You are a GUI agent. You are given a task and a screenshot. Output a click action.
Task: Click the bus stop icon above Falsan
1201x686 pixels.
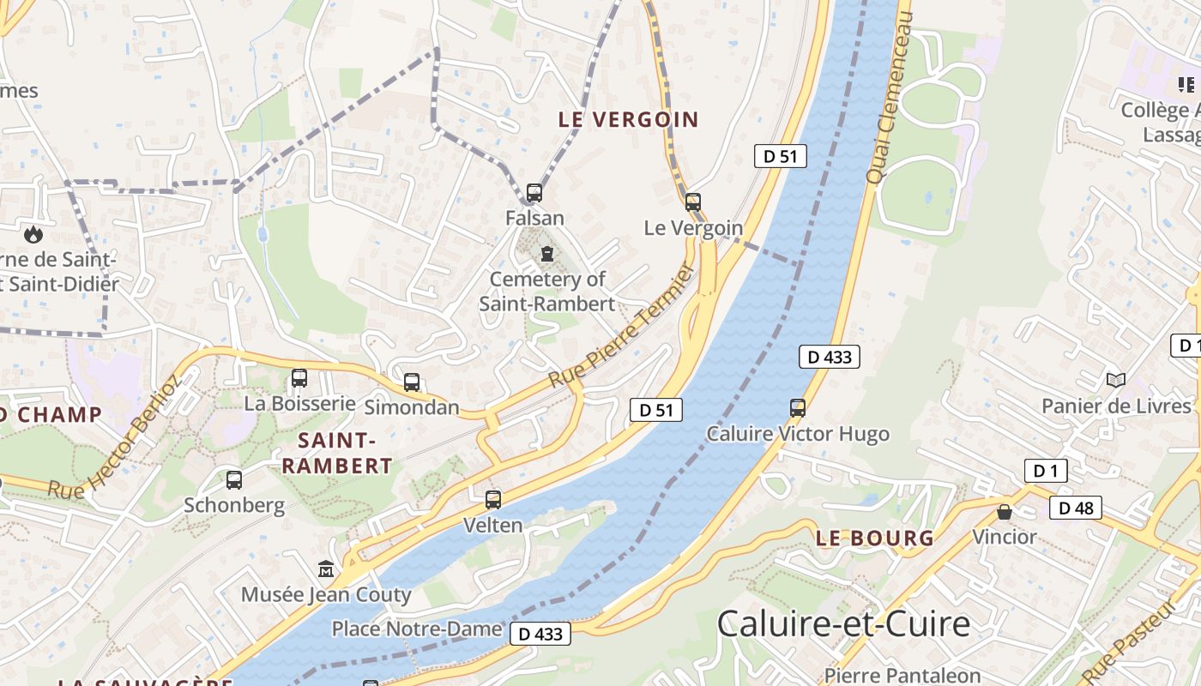pos(534,193)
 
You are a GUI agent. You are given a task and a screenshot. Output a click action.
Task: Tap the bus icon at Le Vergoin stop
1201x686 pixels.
pos(693,202)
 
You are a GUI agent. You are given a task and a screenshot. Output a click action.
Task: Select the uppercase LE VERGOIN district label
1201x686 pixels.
pos(629,120)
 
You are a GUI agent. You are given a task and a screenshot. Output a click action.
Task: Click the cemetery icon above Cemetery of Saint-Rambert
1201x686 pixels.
pos(547,254)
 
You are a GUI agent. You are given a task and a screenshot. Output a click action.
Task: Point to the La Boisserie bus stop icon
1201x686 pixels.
pos(299,378)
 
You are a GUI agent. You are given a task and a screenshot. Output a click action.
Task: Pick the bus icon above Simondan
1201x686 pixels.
pos(412,382)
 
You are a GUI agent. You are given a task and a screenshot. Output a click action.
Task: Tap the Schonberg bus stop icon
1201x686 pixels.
pos(234,480)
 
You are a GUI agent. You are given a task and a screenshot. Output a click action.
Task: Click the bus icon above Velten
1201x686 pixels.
pos(493,499)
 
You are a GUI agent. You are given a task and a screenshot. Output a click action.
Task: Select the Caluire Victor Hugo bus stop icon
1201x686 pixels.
pos(798,408)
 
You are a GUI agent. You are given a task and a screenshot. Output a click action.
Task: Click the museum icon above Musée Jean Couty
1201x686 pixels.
pos(326,569)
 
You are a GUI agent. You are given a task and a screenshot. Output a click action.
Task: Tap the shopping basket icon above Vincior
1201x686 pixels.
pos(1005,512)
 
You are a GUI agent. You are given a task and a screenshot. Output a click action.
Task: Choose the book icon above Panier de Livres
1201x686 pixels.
pos(1115,380)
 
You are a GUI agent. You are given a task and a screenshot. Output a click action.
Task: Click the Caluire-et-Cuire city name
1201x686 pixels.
pos(843,623)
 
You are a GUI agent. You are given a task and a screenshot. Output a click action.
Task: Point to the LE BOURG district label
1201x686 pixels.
pos(874,539)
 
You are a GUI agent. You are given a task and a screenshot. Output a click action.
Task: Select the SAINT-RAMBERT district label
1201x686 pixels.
pos(337,454)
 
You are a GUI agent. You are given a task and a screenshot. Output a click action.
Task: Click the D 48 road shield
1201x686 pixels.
pos(1076,508)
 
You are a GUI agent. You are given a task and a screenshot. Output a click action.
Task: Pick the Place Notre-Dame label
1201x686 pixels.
pos(417,629)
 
